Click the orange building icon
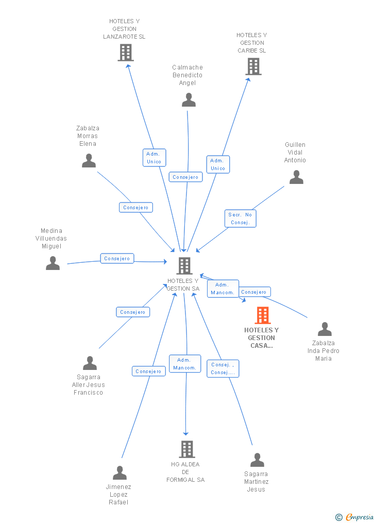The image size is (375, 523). tap(262, 315)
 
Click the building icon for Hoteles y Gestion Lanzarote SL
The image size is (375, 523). tap(126, 53)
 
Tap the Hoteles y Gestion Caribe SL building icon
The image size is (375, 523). tap(253, 66)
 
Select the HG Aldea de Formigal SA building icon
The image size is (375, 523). tap(186, 449)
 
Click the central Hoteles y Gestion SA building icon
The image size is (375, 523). tap(184, 265)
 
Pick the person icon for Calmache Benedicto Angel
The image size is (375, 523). tap(189, 100)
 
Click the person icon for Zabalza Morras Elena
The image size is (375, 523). tap(89, 160)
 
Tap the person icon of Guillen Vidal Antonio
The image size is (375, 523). tap(296, 177)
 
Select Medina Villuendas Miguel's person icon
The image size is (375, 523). tap(53, 263)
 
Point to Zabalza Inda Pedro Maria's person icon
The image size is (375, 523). tap(325, 329)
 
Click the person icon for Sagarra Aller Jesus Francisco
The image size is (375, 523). tap(90, 363)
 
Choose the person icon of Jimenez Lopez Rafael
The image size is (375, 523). tap(120, 473)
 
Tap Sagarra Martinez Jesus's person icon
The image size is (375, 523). tap(257, 460)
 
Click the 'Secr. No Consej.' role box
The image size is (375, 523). tap(241, 218)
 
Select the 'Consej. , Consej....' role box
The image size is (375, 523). tap(223, 368)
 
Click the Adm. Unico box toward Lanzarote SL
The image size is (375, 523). tap(154, 158)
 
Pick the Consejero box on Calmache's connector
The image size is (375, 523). tap(185, 177)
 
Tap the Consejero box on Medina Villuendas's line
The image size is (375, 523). tap(117, 259)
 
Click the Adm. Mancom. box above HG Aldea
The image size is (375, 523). tap(185, 364)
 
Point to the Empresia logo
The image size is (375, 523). tap(355, 517)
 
